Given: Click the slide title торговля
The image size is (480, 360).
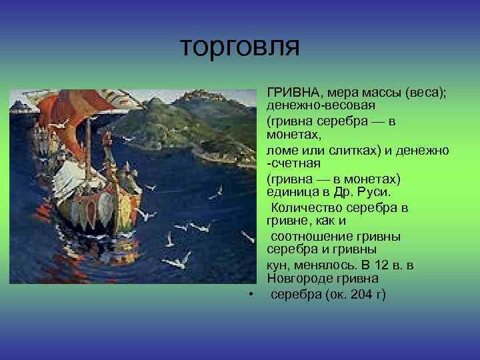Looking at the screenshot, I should (241, 47).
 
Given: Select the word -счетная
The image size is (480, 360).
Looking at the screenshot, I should (294, 163).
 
